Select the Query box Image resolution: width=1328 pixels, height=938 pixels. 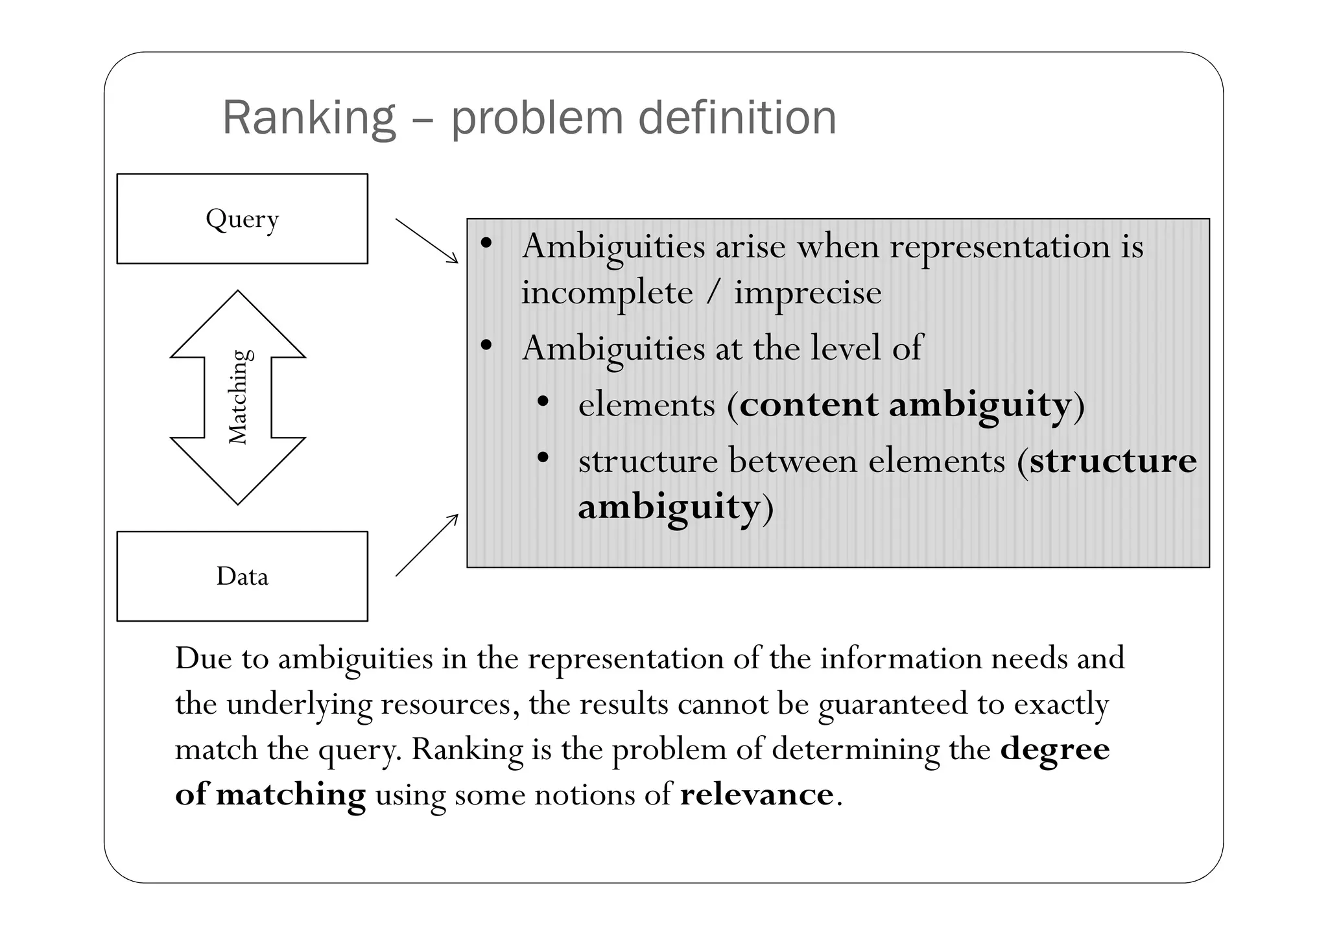tap(242, 218)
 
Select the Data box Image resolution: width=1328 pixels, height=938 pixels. tap(242, 576)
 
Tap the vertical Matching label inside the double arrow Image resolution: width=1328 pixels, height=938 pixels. tap(239, 397)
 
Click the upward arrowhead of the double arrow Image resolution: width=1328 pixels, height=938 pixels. tap(238, 324)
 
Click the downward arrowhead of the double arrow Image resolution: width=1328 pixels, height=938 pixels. tap(238, 471)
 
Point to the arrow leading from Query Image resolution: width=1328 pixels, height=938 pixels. tap(426, 240)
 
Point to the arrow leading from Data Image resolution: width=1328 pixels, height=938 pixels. tap(426, 546)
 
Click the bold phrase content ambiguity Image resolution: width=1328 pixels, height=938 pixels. tap(905, 405)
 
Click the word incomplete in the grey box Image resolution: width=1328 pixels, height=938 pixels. tap(607, 292)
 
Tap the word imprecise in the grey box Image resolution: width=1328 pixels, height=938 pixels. tap(807, 292)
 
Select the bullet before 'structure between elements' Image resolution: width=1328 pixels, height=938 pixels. tap(543, 458)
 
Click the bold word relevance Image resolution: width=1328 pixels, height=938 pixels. tap(757, 794)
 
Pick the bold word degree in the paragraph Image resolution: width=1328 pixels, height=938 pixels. tap(1055, 749)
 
